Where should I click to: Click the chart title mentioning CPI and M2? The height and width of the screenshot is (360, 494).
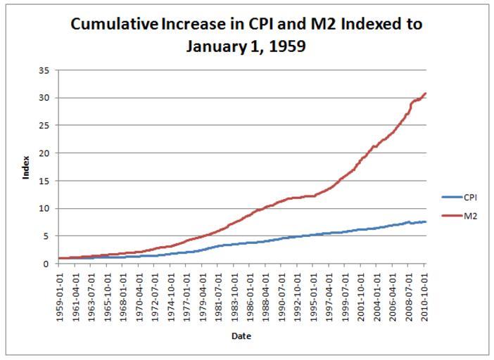pos(246,35)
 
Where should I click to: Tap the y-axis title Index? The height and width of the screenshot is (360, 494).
pos(26,167)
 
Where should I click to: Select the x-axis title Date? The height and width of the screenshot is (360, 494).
pos(241,336)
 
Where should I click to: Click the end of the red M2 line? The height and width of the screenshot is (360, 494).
pos(426,94)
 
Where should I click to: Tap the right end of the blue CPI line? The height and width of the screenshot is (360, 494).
pos(426,221)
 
